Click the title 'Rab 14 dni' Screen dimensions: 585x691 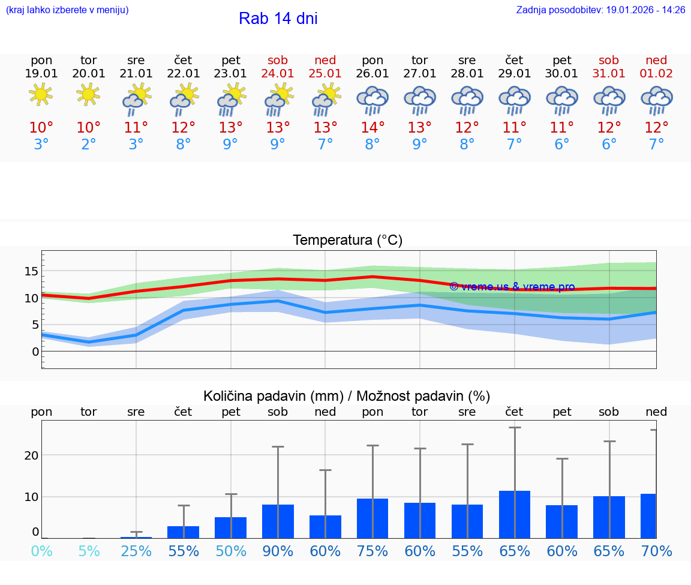pyautogui.click(x=278, y=19)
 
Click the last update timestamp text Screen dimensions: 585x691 pyautogui.click(x=600, y=10)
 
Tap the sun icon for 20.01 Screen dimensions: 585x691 pyautogui.click(x=89, y=94)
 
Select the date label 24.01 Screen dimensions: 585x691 pyautogui.click(x=278, y=74)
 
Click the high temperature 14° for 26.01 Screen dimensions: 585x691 pyautogui.click(x=372, y=127)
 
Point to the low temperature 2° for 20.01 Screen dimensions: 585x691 pyautogui.click(x=89, y=145)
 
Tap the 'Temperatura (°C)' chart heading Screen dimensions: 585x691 pyautogui.click(x=347, y=241)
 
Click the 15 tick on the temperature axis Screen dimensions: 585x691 pyautogui.click(x=31, y=271)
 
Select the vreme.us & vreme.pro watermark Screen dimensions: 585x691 pyautogui.click(x=512, y=287)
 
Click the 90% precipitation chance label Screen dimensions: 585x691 pyautogui.click(x=278, y=551)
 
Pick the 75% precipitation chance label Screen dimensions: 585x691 pyautogui.click(x=372, y=551)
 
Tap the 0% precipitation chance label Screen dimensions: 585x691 pyautogui.click(x=41, y=551)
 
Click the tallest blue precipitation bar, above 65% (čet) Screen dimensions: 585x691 pyautogui.click(x=514, y=514)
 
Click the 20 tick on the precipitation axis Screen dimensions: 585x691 pyautogui.click(x=31, y=455)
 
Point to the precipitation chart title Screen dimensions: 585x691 pyautogui.click(x=347, y=396)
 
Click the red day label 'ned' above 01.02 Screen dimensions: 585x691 pyautogui.click(x=656, y=60)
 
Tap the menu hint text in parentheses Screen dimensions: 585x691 pyautogui.click(x=67, y=10)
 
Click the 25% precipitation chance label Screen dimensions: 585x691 pyautogui.click(x=136, y=551)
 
